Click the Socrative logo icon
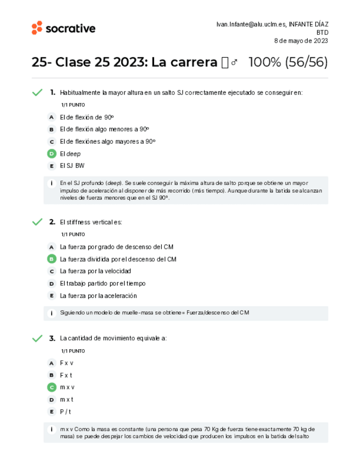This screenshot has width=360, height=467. [37, 28]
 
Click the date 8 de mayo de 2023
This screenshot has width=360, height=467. [301, 41]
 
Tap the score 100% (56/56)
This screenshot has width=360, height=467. [288, 62]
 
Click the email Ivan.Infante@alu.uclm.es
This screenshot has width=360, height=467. [250, 24]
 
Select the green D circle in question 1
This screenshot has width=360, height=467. [52, 154]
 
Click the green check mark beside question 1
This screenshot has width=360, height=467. [37, 93]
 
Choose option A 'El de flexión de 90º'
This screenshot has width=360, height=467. [86, 117]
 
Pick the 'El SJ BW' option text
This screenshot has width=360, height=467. [72, 166]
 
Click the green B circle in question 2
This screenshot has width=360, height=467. [52, 259]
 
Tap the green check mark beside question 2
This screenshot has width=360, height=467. [37, 222]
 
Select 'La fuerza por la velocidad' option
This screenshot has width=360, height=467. [95, 271]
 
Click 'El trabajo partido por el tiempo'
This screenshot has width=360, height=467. [102, 284]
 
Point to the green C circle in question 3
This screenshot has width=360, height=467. [52, 387]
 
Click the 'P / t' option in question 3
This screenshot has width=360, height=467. [66, 411]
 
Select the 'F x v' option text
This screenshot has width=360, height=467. [67, 363]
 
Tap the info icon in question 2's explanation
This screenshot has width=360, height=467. [51, 313]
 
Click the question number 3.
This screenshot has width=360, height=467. [52, 338]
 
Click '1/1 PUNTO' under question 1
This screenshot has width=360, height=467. [73, 105]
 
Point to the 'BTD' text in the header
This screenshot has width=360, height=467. [322, 32]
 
